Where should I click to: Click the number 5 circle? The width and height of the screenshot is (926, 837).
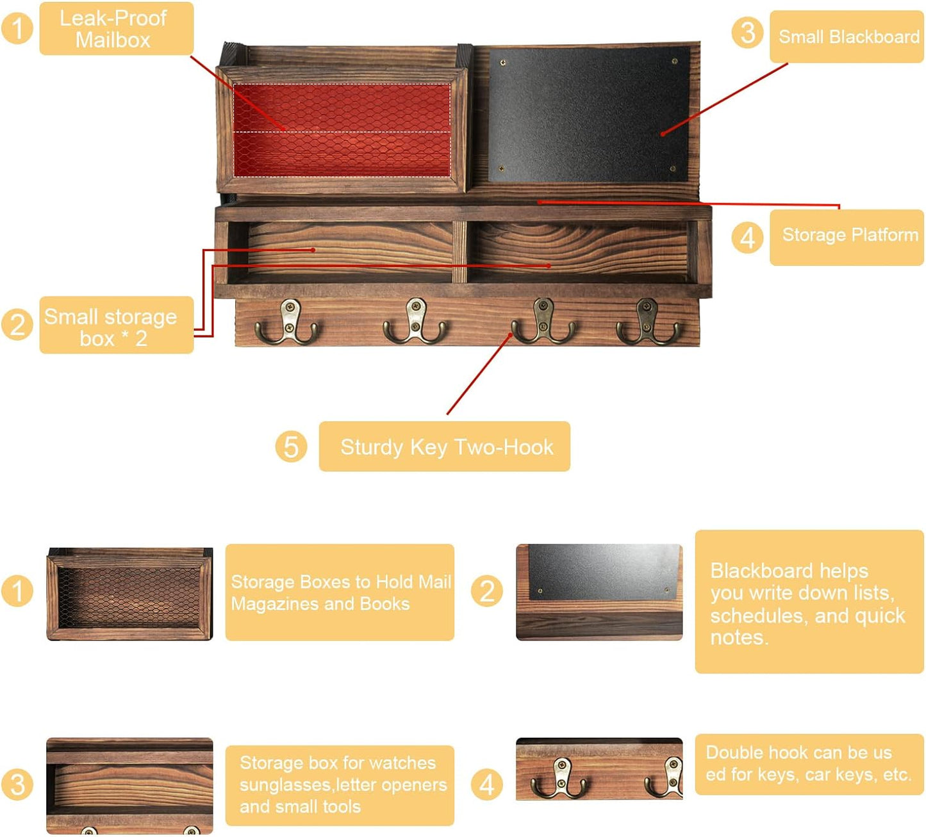pyautogui.click(x=291, y=446)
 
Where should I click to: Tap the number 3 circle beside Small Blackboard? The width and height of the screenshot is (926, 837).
pyautogui.click(x=747, y=33)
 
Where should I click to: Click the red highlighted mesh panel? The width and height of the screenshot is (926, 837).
pyautogui.click(x=342, y=130)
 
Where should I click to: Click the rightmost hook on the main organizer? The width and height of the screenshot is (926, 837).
pyautogui.click(x=648, y=322)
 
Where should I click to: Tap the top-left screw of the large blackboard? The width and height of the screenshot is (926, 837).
pyautogui.click(x=503, y=62)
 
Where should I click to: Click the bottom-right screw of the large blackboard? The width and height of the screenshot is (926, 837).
pyautogui.click(x=673, y=169)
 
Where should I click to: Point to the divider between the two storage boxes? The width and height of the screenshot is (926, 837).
pyautogui.click(x=459, y=252)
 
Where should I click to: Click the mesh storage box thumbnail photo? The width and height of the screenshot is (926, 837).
pyautogui.click(x=129, y=594)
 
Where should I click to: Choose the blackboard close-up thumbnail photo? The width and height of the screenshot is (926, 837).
pyautogui.click(x=599, y=592)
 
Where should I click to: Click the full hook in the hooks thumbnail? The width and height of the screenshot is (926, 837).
pyautogui.click(x=559, y=779)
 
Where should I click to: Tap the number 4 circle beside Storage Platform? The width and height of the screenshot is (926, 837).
pyautogui.click(x=747, y=238)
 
